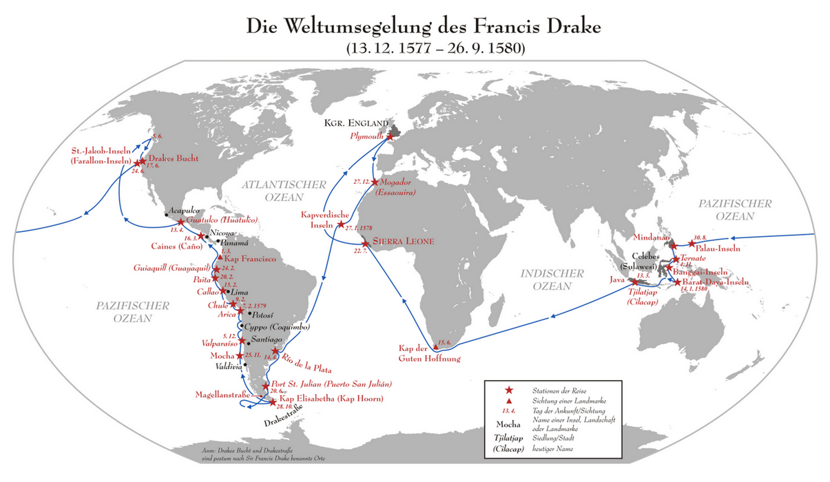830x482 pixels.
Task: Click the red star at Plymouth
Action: pos(390,136)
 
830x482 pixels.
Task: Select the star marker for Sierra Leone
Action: pos(365,243)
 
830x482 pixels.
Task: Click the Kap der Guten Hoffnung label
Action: pos(429,353)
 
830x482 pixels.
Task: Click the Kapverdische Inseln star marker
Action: pos(340,224)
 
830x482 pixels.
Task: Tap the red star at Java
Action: pos(634,281)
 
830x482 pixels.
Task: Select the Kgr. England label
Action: pos(352,123)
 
